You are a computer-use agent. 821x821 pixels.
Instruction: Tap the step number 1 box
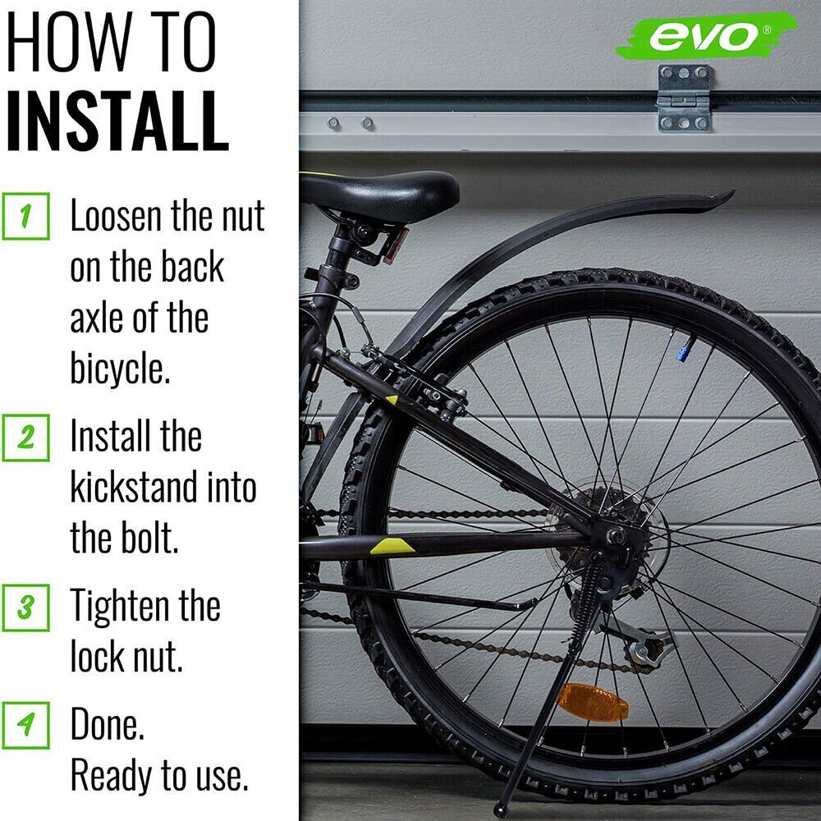(25, 216)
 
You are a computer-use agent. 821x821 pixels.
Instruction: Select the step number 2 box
(25, 438)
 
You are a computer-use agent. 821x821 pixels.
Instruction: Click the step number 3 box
(25, 608)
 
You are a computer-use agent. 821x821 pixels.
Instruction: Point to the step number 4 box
(25, 725)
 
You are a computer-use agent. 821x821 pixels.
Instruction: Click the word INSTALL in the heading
(117, 121)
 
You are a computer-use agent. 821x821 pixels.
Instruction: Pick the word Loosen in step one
(116, 216)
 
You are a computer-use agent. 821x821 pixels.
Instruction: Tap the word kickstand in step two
(134, 487)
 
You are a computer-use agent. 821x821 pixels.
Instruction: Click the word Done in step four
(107, 723)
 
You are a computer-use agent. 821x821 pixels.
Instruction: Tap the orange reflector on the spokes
(593, 703)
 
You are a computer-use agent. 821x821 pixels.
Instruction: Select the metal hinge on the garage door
(685, 98)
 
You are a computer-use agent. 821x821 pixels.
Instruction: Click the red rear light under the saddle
(396, 245)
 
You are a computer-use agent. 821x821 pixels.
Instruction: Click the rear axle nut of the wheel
(614, 534)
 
